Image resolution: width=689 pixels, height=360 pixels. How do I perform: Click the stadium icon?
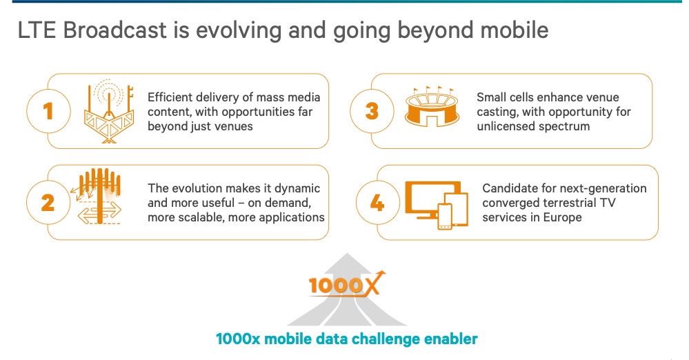coord(432,107)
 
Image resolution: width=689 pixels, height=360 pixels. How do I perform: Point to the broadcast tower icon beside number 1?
coord(109,112)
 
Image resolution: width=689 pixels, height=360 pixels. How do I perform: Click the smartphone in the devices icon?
coord(445,217)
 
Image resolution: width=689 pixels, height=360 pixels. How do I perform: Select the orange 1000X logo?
coord(347,284)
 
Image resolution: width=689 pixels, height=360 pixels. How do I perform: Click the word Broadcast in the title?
coord(114,30)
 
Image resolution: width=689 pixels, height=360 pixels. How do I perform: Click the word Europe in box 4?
coord(562,217)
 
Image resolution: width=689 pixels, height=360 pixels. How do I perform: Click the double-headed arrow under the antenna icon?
coord(99,212)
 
